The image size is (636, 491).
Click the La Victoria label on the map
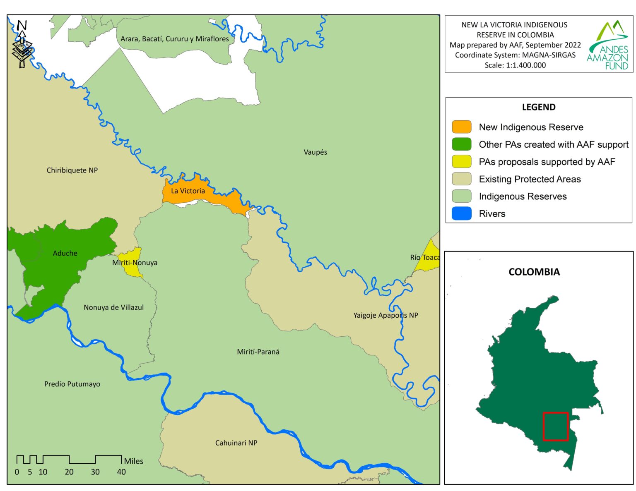click(x=188, y=191)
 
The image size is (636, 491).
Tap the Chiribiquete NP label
click(x=72, y=170)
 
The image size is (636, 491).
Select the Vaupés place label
click(x=315, y=152)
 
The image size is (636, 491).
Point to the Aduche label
click(x=65, y=253)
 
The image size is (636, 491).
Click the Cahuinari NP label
click(x=236, y=443)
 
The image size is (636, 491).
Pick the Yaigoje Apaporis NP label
click(x=385, y=315)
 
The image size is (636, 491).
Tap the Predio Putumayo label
click(x=72, y=384)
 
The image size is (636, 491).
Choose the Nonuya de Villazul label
click(x=113, y=307)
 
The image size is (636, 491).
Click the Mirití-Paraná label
click(x=258, y=352)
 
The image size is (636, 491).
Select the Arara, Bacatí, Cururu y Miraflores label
click(x=174, y=39)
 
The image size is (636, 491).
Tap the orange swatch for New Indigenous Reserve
click(x=461, y=127)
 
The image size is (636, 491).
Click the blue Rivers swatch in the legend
click(x=461, y=213)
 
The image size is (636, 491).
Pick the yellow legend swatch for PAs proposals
click(x=461, y=162)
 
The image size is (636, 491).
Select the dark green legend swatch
click(x=461, y=144)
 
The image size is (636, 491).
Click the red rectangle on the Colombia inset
click(x=555, y=426)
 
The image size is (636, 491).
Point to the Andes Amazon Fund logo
click(x=608, y=45)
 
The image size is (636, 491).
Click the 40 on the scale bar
click(x=121, y=472)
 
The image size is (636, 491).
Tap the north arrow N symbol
click(x=22, y=26)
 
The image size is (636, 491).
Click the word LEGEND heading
click(x=538, y=107)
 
